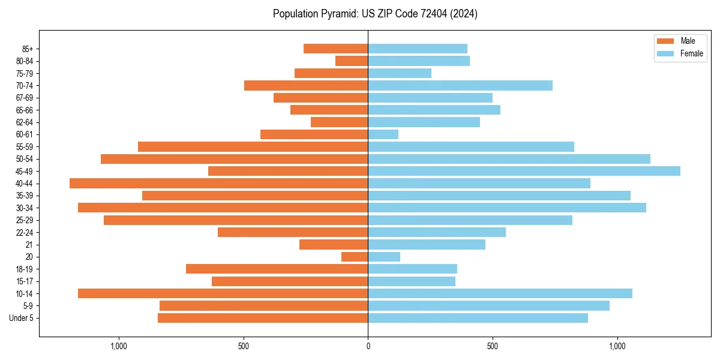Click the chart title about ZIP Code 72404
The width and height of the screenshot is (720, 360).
(375, 14)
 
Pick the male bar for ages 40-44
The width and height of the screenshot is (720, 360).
(218, 184)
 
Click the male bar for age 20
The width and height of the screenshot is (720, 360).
(355, 257)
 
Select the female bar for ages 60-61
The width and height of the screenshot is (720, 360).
(383, 134)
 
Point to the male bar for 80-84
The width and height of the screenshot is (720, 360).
(352, 61)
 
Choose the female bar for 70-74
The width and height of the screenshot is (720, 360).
(460, 85)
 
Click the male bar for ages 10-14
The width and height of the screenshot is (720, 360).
(223, 293)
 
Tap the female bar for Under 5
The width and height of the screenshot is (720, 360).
(478, 318)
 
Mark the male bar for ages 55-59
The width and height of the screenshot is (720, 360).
(253, 146)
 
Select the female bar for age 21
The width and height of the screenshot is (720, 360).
(427, 244)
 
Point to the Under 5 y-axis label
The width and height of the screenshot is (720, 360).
(22, 318)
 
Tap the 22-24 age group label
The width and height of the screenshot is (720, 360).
(25, 232)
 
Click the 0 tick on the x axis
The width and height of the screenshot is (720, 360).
(368, 346)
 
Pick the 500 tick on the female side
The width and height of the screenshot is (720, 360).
(493, 346)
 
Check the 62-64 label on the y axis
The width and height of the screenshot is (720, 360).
(25, 122)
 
